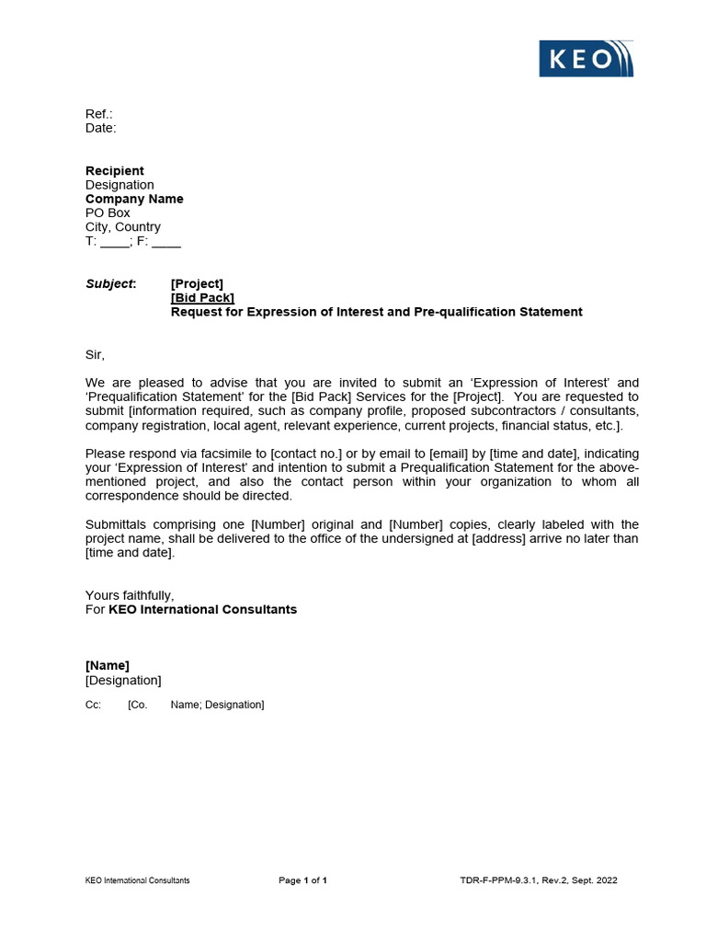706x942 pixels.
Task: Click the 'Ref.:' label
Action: click(99, 114)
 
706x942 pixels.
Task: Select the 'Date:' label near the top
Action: click(101, 128)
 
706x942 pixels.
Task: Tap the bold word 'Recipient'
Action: click(115, 170)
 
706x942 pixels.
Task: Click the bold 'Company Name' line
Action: click(134, 199)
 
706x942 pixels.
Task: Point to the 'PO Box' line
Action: click(108, 213)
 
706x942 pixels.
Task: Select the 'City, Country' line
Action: click(123, 226)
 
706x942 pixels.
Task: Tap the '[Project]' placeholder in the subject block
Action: click(197, 283)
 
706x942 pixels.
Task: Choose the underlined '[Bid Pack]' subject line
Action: click(202, 297)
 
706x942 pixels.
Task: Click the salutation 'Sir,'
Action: click(96, 354)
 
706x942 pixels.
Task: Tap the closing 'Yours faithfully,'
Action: click(130, 595)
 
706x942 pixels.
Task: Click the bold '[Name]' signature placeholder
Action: click(108, 665)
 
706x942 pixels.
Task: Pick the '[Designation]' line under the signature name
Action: click(123, 680)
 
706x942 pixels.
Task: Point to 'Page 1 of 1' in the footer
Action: click(302, 880)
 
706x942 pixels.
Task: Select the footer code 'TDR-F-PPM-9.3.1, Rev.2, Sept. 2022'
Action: click(539, 880)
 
